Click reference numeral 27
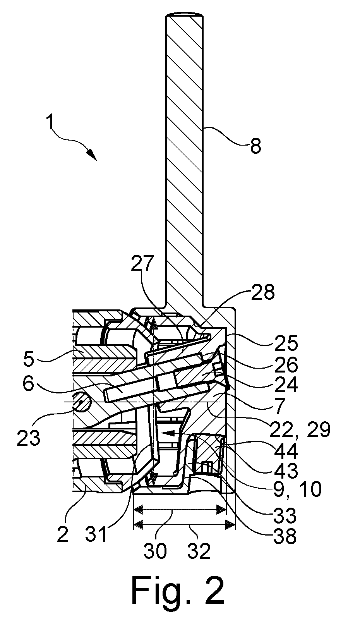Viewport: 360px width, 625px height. coord(142,263)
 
